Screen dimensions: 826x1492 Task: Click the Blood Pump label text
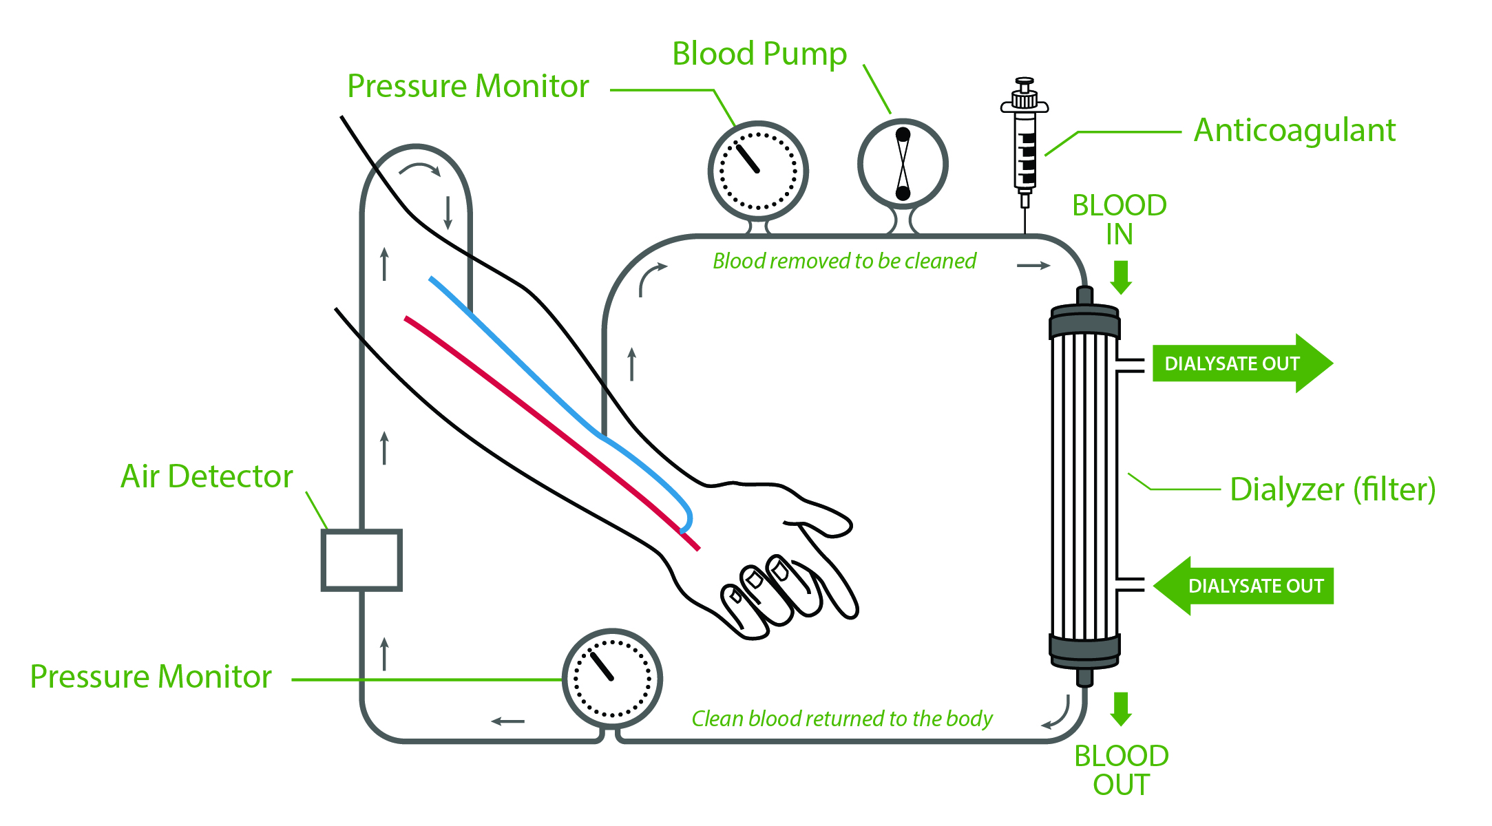tap(759, 54)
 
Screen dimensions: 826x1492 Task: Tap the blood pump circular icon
tap(903, 164)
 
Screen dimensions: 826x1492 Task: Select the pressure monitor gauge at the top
tap(758, 171)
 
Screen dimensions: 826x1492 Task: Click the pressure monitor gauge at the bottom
tap(612, 678)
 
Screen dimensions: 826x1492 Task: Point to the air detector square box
tap(361, 560)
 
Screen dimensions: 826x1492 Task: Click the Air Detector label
tap(207, 476)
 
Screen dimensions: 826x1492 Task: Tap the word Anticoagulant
tap(1294, 130)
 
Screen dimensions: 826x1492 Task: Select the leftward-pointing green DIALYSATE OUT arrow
tap(1243, 586)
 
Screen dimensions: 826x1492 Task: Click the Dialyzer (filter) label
tap(1332, 489)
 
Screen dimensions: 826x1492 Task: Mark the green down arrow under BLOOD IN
tap(1121, 277)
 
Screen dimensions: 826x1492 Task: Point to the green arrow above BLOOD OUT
tap(1121, 709)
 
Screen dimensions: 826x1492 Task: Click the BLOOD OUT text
tap(1121, 770)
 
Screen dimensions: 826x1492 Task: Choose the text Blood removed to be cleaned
tap(844, 262)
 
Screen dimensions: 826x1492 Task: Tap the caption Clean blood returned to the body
tap(841, 719)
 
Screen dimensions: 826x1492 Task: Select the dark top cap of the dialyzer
tap(1084, 321)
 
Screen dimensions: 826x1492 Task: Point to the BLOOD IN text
tap(1120, 220)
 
